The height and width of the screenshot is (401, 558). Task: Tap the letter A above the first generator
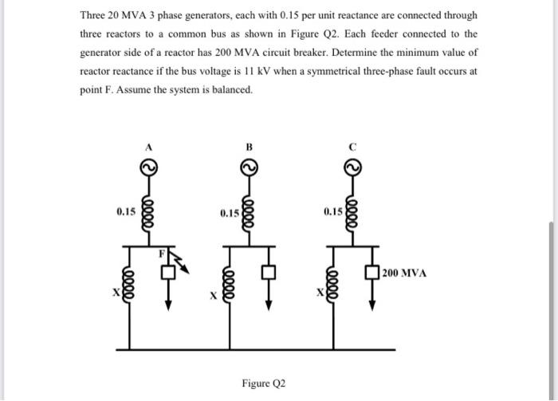[x=147, y=147]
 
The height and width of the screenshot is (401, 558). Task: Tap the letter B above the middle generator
[x=248, y=147]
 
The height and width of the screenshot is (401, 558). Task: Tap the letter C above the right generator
[x=352, y=147]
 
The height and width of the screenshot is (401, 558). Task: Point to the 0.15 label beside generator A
[x=126, y=212]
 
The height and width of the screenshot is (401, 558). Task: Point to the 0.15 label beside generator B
[x=229, y=213]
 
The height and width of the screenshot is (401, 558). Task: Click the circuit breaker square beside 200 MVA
[x=371, y=273]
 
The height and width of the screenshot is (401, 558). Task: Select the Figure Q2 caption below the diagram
[x=263, y=383]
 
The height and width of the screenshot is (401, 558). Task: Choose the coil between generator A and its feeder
[x=147, y=211]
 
